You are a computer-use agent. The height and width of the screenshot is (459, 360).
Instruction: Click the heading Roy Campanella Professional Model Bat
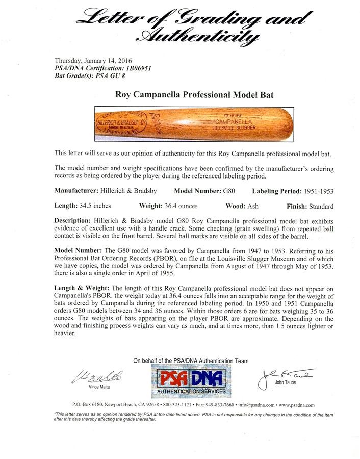click(x=179, y=93)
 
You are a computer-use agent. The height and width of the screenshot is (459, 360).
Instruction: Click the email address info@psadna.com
click(x=260, y=405)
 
